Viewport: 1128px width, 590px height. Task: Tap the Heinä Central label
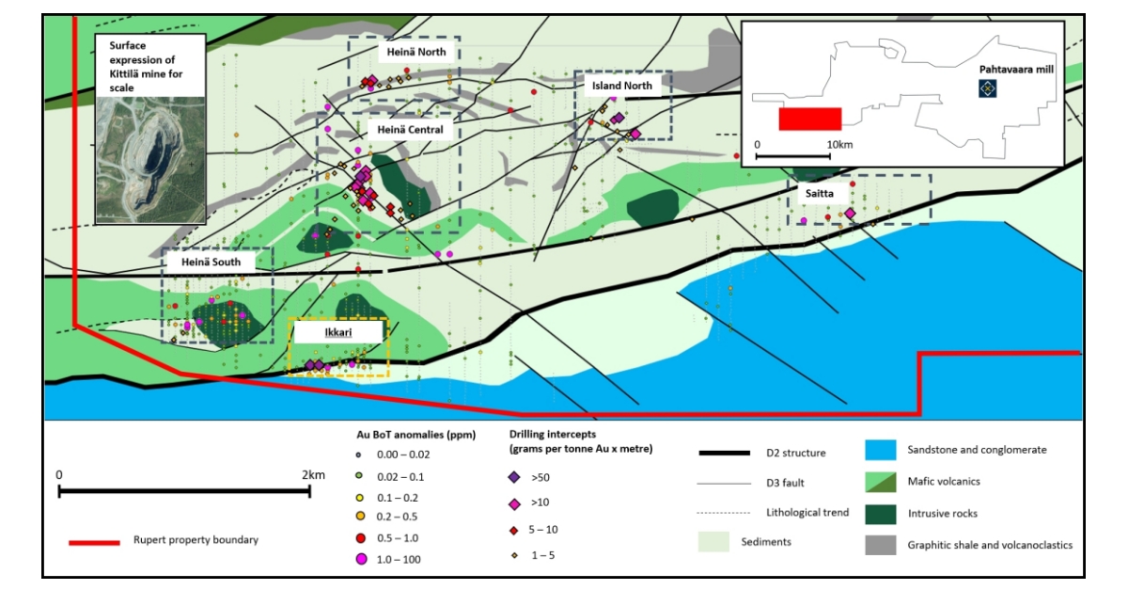[410, 129]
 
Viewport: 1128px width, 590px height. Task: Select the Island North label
[621, 86]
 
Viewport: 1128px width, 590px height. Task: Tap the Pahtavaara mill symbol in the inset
[988, 88]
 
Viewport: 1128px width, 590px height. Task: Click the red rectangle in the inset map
[809, 119]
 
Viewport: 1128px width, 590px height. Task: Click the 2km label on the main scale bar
[313, 475]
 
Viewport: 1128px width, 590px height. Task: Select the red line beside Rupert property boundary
[94, 542]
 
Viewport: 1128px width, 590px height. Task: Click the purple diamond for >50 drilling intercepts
[515, 477]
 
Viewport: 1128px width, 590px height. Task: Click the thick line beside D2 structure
[725, 453]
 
